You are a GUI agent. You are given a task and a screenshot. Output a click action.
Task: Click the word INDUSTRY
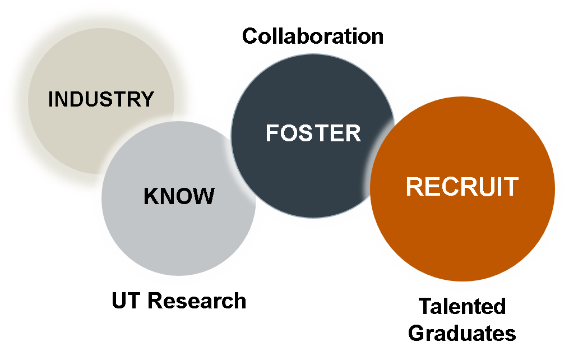coord(101,99)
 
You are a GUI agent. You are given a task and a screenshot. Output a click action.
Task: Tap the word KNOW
coord(179,196)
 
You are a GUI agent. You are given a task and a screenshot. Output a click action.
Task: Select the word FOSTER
coord(313,133)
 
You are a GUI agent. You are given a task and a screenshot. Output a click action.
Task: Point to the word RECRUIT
coord(462,187)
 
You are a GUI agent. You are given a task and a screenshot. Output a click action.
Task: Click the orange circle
coord(462,236)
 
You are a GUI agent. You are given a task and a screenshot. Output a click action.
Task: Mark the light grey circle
coord(179,241)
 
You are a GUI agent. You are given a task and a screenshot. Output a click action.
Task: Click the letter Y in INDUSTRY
coord(147,99)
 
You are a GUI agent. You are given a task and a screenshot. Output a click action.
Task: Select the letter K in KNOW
coord(150,196)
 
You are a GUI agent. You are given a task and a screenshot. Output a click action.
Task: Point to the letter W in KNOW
coord(205,196)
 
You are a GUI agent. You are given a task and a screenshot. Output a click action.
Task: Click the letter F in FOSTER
coord(271,133)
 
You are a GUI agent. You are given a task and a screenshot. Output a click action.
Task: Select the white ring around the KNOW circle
coord(179,281)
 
